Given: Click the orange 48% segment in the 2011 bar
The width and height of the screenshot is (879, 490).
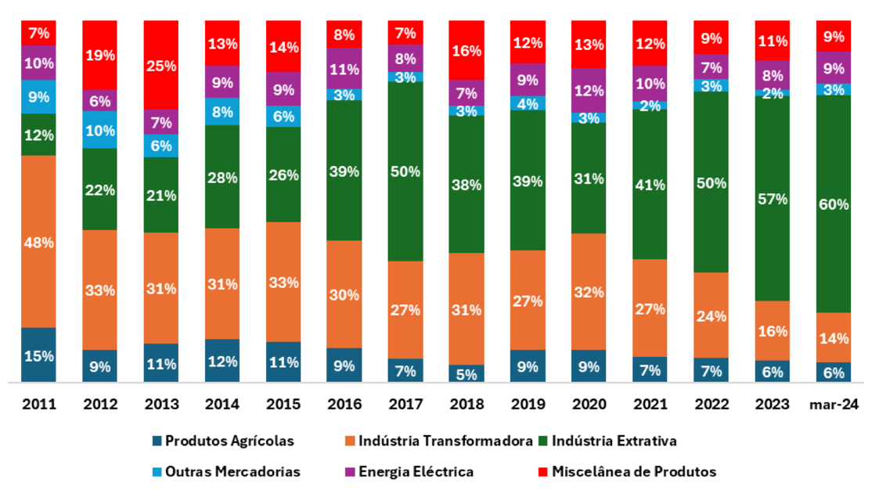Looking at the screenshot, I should click(38, 241).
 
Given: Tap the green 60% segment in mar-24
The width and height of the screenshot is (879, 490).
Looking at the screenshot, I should click(834, 204).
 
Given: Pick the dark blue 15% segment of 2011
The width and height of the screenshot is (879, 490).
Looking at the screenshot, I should click(38, 355).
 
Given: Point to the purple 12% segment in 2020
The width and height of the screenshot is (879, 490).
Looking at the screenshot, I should click(589, 90).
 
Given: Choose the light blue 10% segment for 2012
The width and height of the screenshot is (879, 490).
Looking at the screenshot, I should click(99, 129).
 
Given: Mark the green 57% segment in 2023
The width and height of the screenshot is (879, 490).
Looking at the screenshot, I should click(773, 198).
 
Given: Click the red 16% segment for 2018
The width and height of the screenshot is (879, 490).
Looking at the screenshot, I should click(467, 51).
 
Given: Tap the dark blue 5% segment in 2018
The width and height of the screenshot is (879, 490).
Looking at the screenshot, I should click(467, 373).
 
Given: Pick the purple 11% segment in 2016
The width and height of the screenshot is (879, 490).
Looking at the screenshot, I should click(344, 68).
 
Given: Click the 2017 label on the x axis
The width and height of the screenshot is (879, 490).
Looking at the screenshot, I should click(405, 404).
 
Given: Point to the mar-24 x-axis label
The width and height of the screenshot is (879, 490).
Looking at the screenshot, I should click(834, 404).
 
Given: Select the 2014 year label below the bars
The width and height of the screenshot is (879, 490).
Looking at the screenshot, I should click(222, 404).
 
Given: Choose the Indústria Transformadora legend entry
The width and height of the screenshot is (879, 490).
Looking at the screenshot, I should click(446, 441).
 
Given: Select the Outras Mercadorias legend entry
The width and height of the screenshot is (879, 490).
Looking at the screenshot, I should click(233, 471).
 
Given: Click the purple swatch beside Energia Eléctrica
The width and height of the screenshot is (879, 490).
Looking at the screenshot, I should click(350, 472).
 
